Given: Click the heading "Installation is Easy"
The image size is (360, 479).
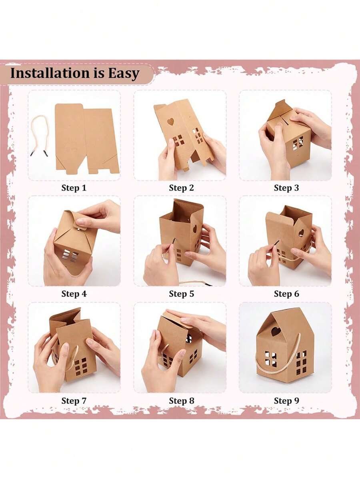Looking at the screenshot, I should (74, 74).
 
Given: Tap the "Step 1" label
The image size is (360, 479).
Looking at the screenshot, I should (74, 188).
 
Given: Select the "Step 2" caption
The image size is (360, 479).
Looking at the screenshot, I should (181, 188).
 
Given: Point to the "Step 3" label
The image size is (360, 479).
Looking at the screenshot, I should (286, 188).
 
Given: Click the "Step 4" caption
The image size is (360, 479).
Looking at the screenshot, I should (74, 294).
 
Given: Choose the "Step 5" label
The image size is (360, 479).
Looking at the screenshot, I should (181, 294).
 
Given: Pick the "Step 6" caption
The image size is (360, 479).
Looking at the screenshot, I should (286, 294).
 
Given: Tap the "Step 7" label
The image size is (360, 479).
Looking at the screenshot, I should (74, 401).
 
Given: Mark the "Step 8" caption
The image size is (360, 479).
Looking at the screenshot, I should (181, 401).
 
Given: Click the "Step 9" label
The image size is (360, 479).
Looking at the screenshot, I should (286, 401).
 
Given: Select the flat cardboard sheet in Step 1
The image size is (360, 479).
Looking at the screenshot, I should (86, 138).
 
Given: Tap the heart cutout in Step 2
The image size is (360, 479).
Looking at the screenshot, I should (171, 121).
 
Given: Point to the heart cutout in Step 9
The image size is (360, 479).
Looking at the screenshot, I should (276, 331).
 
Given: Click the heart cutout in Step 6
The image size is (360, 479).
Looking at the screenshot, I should (301, 232).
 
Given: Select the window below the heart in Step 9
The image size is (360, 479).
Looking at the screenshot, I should (271, 359).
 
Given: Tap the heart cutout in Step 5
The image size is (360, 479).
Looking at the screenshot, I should (195, 229).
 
